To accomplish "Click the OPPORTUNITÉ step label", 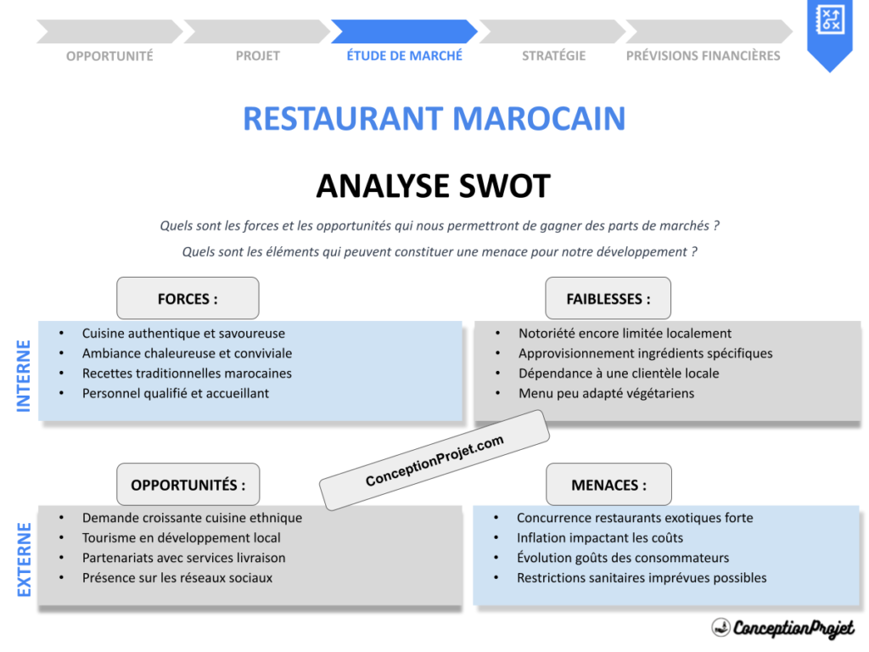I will (109, 56).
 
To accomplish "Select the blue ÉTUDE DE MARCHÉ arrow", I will (404, 32).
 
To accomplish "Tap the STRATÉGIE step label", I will (553, 56).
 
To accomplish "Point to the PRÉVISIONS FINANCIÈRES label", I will (703, 56).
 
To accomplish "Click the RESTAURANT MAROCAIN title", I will (434, 118).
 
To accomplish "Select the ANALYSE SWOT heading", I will (433, 186).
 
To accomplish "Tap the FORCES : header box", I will (188, 299).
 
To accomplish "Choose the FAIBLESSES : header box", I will (608, 299).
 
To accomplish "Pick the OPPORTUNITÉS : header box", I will (188, 485).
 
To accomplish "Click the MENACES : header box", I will (608, 485).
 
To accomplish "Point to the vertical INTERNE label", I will (24, 376).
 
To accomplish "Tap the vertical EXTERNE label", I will (24, 559).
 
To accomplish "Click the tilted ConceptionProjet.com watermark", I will (434, 461).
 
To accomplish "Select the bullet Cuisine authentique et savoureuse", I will (183, 334).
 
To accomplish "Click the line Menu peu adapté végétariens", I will (606, 393).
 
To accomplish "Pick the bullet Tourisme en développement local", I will (181, 537).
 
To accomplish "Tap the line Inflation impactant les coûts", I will (599, 537).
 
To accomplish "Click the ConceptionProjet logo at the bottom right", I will (782, 628).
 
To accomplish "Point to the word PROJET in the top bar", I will (257, 56).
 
